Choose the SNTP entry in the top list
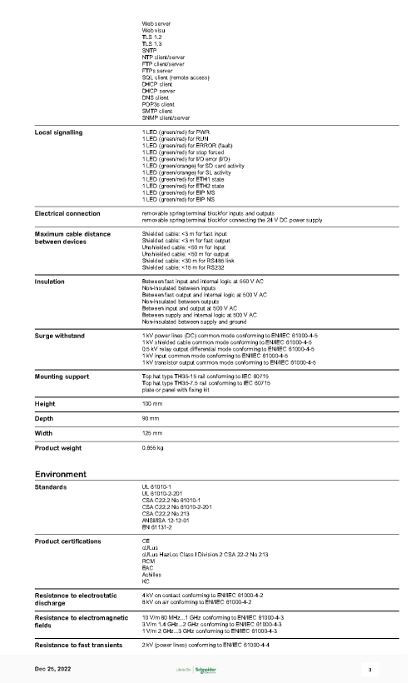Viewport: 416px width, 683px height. tap(151, 49)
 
